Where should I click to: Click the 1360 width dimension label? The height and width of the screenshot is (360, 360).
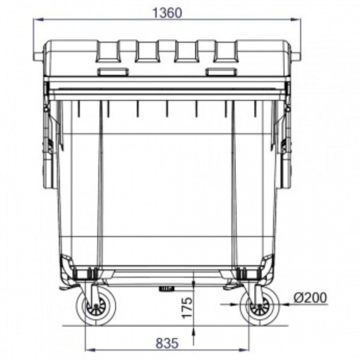(x=167, y=13)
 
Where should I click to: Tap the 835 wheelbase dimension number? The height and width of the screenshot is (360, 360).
(x=167, y=343)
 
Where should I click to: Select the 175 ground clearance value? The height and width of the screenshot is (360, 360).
(x=187, y=308)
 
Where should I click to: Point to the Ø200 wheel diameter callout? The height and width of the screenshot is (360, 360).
(x=310, y=298)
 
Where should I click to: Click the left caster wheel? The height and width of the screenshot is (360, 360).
(x=96, y=305)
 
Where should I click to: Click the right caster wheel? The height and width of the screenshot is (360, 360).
(x=260, y=305)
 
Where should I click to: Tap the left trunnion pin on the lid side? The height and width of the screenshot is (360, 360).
(x=38, y=56)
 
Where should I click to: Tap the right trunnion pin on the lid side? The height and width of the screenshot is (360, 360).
(x=295, y=56)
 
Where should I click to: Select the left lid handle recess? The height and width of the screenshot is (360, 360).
(x=113, y=71)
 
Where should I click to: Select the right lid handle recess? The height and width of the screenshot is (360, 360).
(x=221, y=71)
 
